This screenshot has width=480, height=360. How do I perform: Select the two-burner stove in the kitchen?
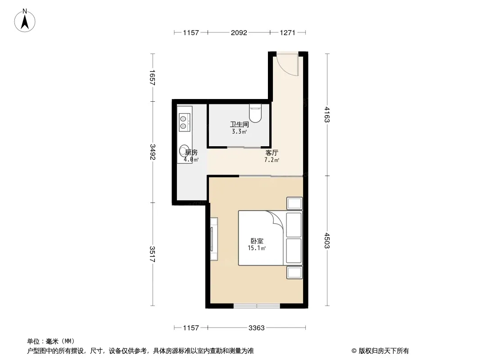pos(183,122)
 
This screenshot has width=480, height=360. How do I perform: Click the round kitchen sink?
pos(184,151)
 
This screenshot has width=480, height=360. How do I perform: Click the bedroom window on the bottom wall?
pos(257,306)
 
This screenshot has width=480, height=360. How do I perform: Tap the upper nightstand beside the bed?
pos(294,203)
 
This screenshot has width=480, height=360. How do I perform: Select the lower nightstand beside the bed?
pos(294,273)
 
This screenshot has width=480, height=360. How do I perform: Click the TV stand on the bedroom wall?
pos(214,239)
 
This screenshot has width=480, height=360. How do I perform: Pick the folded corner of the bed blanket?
pos(276,219)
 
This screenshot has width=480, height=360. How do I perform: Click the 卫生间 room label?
pos(240,125)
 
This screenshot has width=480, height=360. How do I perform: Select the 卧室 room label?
pos(257,241)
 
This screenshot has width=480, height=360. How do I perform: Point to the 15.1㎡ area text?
pos(257,248)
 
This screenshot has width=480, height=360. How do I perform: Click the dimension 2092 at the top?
pos(239,32)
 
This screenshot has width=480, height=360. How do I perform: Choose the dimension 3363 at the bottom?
pos(257,328)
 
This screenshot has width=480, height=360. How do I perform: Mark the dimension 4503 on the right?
pos(327,241)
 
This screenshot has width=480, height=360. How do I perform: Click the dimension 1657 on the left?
pos(152,78)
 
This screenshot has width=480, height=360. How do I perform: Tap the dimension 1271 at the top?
pos(287,32)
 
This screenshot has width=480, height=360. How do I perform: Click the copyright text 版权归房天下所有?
pos(384,351)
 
